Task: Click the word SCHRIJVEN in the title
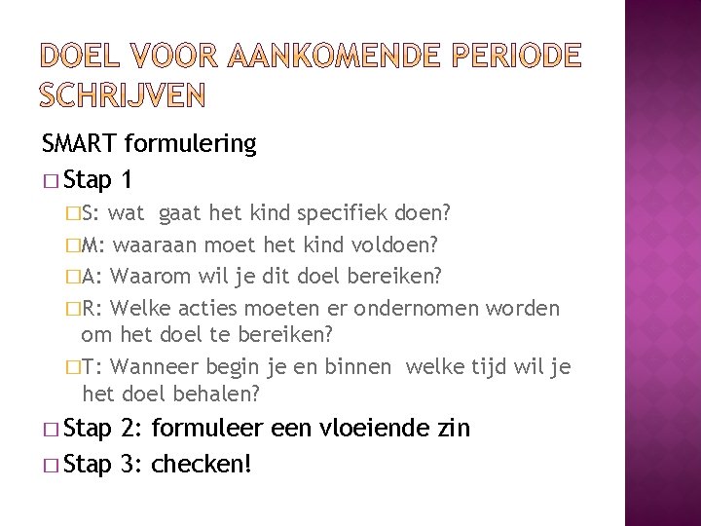[124, 94]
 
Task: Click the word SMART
[80, 145]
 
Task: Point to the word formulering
[190, 145]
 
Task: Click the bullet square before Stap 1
[51, 181]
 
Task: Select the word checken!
[203, 464]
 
